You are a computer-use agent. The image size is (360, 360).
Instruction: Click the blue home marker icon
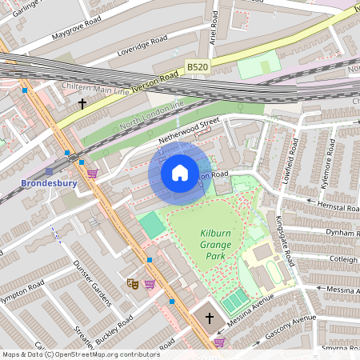pyautogui.click(x=180, y=173)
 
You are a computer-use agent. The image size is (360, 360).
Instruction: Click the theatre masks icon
pyautogui.click(x=132, y=283)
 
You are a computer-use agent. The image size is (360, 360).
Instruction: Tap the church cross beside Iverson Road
pyautogui.click(x=82, y=103)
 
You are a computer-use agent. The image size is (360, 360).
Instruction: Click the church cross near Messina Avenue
pyautogui.click(x=210, y=318)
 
